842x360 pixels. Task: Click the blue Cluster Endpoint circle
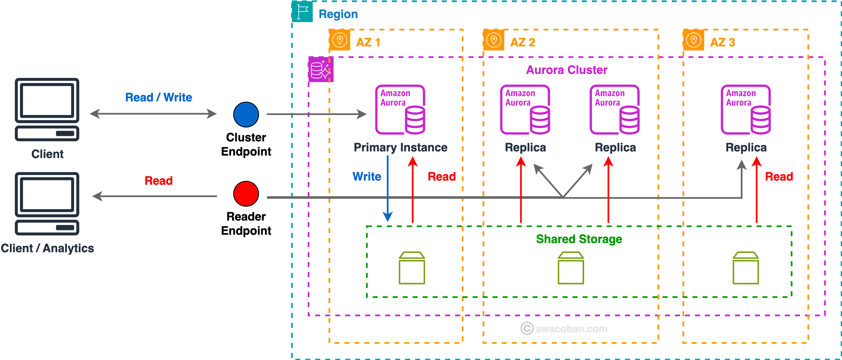coord(246,114)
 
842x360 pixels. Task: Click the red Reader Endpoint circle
coord(246,194)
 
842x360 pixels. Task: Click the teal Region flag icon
coord(302,12)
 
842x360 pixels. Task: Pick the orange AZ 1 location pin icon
coord(340,40)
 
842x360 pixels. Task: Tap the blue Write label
coord(366,177)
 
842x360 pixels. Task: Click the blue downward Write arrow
coord(388,190)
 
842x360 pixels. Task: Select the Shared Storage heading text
coord(579,239)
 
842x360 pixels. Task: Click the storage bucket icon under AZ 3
coord(746,268)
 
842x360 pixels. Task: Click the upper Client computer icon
coord(47,109)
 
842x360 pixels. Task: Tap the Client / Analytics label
coord(47,248)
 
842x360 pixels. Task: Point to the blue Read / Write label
coord(159,97)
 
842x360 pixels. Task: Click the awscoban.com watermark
coord(564,328)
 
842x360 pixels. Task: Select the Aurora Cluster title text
coord(566,70)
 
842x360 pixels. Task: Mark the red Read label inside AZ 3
coord(779,177)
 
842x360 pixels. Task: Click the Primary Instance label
coord(400,147)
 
